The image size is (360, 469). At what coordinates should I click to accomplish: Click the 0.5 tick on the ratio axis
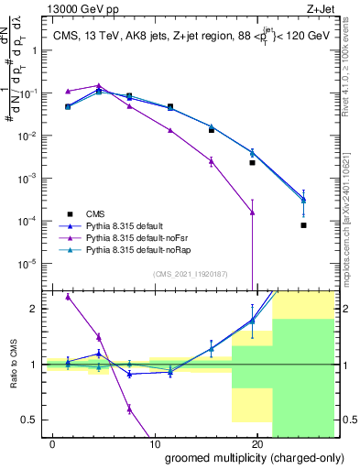(31, 420)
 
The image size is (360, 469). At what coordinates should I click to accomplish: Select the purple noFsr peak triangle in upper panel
(99, 86)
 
